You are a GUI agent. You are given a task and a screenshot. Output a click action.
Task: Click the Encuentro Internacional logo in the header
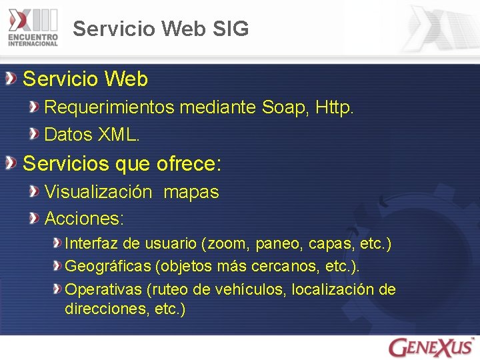tap(33, 27)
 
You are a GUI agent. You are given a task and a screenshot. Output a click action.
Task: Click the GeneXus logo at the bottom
tap(431, 347)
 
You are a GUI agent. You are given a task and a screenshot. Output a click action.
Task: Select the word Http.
tap(335, 107)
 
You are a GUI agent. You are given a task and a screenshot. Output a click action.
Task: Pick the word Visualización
tap(98, 192)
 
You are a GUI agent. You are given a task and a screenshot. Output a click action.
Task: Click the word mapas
tap(191, 192)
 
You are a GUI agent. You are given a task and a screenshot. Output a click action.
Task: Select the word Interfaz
tap(89, 244)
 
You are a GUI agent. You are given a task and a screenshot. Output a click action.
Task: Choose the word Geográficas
tap(108, 267)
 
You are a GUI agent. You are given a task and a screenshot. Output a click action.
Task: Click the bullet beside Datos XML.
tap(34, 134)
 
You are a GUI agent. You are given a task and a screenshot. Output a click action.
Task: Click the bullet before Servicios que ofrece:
tap(11, 163)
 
